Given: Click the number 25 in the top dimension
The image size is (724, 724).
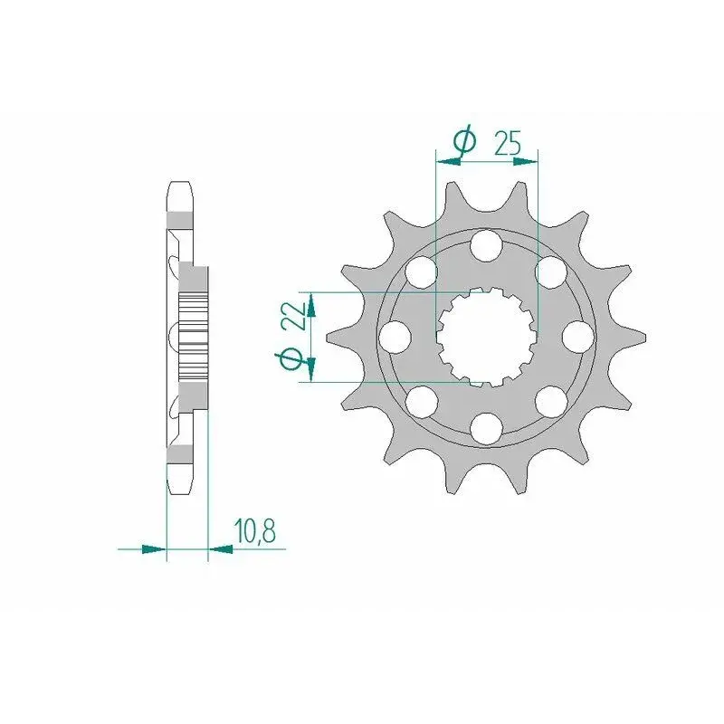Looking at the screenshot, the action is (x=508, y=143).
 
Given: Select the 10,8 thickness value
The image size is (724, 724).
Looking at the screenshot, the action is (x=255, y=530).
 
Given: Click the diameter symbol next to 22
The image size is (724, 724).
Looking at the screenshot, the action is (x=290, y=359).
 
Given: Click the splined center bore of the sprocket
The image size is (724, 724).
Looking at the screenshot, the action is (x=486, y=337).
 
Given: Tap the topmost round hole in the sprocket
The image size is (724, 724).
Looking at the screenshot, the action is (x=486, y=244).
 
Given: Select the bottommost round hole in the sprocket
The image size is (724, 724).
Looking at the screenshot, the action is (x=486, y=428).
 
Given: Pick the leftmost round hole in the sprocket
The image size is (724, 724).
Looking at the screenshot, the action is (x=395, y=337).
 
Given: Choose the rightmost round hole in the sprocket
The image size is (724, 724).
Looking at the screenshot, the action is (x=578, y=337).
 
